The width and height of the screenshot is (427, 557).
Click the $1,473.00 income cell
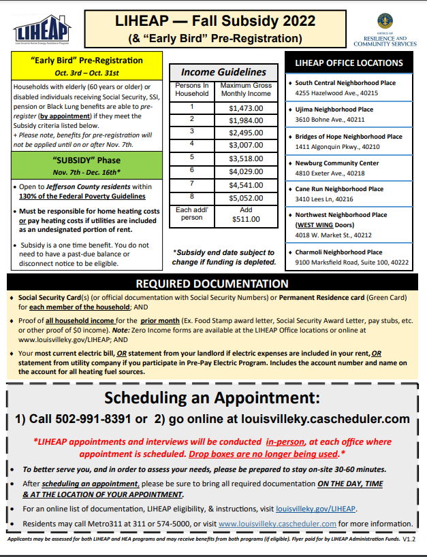tap(245, 108)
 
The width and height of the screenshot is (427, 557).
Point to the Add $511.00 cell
tap(245, 215)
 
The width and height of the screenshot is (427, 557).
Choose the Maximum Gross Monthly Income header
tap(245, 89)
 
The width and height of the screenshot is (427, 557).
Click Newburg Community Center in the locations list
tap(336, 163)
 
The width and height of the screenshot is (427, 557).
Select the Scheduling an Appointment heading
tap(212, 398)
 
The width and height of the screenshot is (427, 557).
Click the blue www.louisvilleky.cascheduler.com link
tap(278, 523)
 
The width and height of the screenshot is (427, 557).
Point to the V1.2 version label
tap(409, 538)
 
